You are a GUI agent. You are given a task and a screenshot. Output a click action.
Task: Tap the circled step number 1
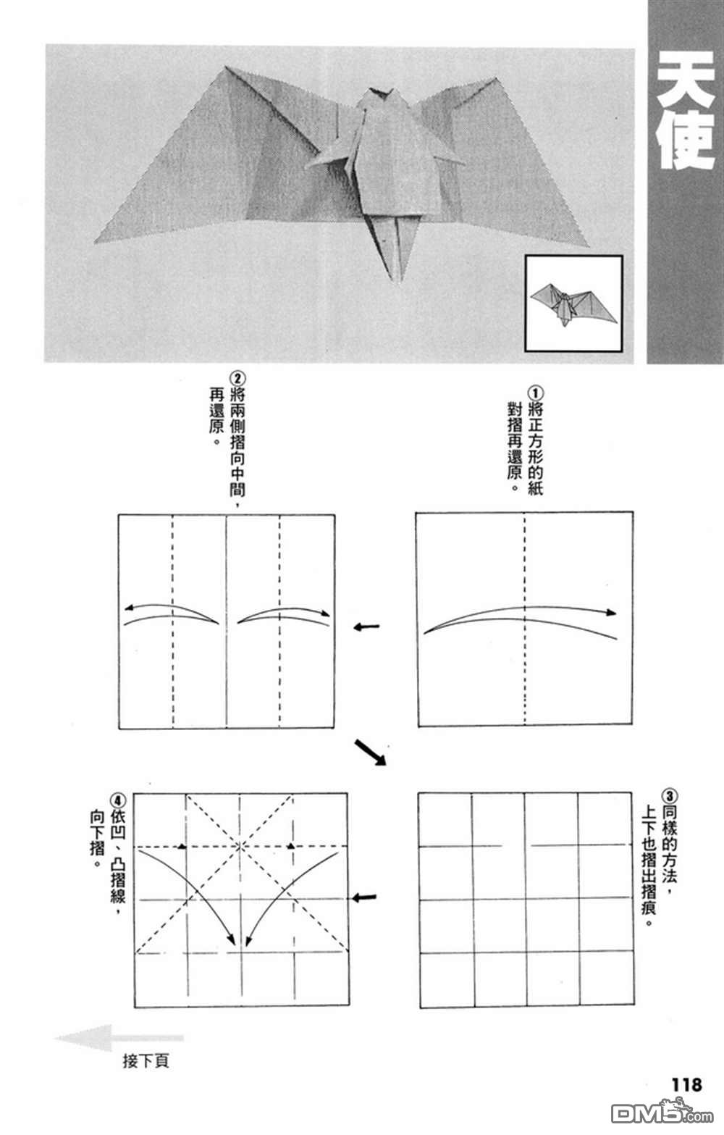[x=536, y=390]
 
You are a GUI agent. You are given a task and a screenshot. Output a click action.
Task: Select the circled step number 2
[x=237, y=377]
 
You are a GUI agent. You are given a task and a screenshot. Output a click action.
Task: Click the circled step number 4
[x=118, y=800]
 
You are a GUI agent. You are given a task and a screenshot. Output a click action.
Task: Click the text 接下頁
[x=146, y=1061]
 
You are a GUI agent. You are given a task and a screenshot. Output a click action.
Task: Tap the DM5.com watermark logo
[x=652, y=1113]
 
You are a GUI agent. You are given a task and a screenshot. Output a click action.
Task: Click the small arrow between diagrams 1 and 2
[x=367, y=627]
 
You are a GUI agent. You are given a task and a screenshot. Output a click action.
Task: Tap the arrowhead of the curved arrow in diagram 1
[x=612, y=613]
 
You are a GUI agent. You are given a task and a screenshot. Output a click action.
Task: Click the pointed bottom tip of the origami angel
[x=400, y=279]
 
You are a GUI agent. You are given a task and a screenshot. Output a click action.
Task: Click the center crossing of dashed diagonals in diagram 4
[x=240, y=846]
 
